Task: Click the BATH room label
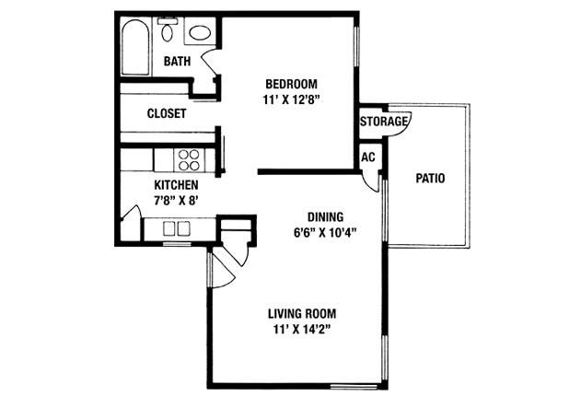click(x=177, y=61)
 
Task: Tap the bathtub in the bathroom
click(x=135, y=47)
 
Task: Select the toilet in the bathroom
click(x=168, y=29)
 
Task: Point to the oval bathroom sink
click(x=200, y=32)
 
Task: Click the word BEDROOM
click(x=291, y=84)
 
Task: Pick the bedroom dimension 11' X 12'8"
click(x=291, y=100)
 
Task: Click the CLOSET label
click(x=167, y=113)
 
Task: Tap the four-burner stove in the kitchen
click(x=189, y=160)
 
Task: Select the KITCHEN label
click(x=176, y=185)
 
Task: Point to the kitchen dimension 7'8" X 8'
click(x=176, y=201)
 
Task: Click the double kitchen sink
click(x=177, y=228)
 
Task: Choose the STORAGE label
click(x=384, y=122)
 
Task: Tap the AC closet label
click(x=368, y=157)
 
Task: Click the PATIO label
click(x=430, y=179)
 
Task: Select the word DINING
click(x=326, y=216)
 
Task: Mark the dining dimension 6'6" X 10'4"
click(x=325, y=233)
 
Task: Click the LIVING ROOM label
click(x=302, y=314)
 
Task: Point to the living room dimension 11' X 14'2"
click(x=301, y=330)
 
